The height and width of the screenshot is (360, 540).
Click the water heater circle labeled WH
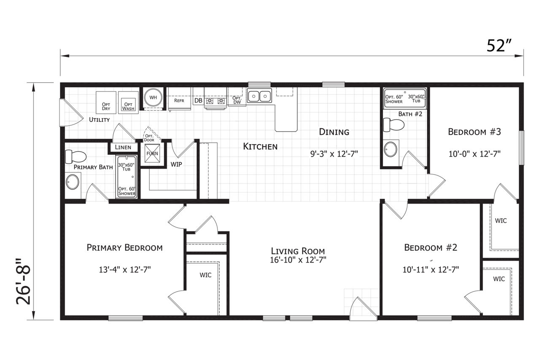tap(153, 98)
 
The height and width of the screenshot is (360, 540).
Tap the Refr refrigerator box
tap(179, 99)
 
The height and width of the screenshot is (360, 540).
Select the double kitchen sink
tap(259, 96)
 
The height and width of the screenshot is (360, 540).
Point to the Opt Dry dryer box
tap(106, 102)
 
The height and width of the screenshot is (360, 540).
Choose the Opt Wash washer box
tap(128, 102)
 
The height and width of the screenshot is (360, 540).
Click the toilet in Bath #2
tap(394, 125)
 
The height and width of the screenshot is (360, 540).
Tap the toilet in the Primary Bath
tap(76, 156)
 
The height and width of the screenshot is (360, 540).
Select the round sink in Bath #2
tap(390, 149)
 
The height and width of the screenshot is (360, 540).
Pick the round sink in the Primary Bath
tap(72, 182)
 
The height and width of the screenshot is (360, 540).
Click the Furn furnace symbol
tap(152, 153)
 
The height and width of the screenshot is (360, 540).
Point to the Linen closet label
tap(123, 147)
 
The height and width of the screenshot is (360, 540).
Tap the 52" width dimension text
tap(499, 46)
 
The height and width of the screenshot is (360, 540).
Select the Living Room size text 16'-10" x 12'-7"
tap(298, 260)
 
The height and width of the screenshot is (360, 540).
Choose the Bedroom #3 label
tap(475, 132)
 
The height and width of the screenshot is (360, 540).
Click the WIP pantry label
tap(176, 164)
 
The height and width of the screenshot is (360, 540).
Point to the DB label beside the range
tap(198, 100)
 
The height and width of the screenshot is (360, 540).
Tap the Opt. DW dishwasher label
tap(237, 100)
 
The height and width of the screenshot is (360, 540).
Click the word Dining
tap(334, 132)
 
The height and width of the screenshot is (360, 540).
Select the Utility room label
tap(99, 120)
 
